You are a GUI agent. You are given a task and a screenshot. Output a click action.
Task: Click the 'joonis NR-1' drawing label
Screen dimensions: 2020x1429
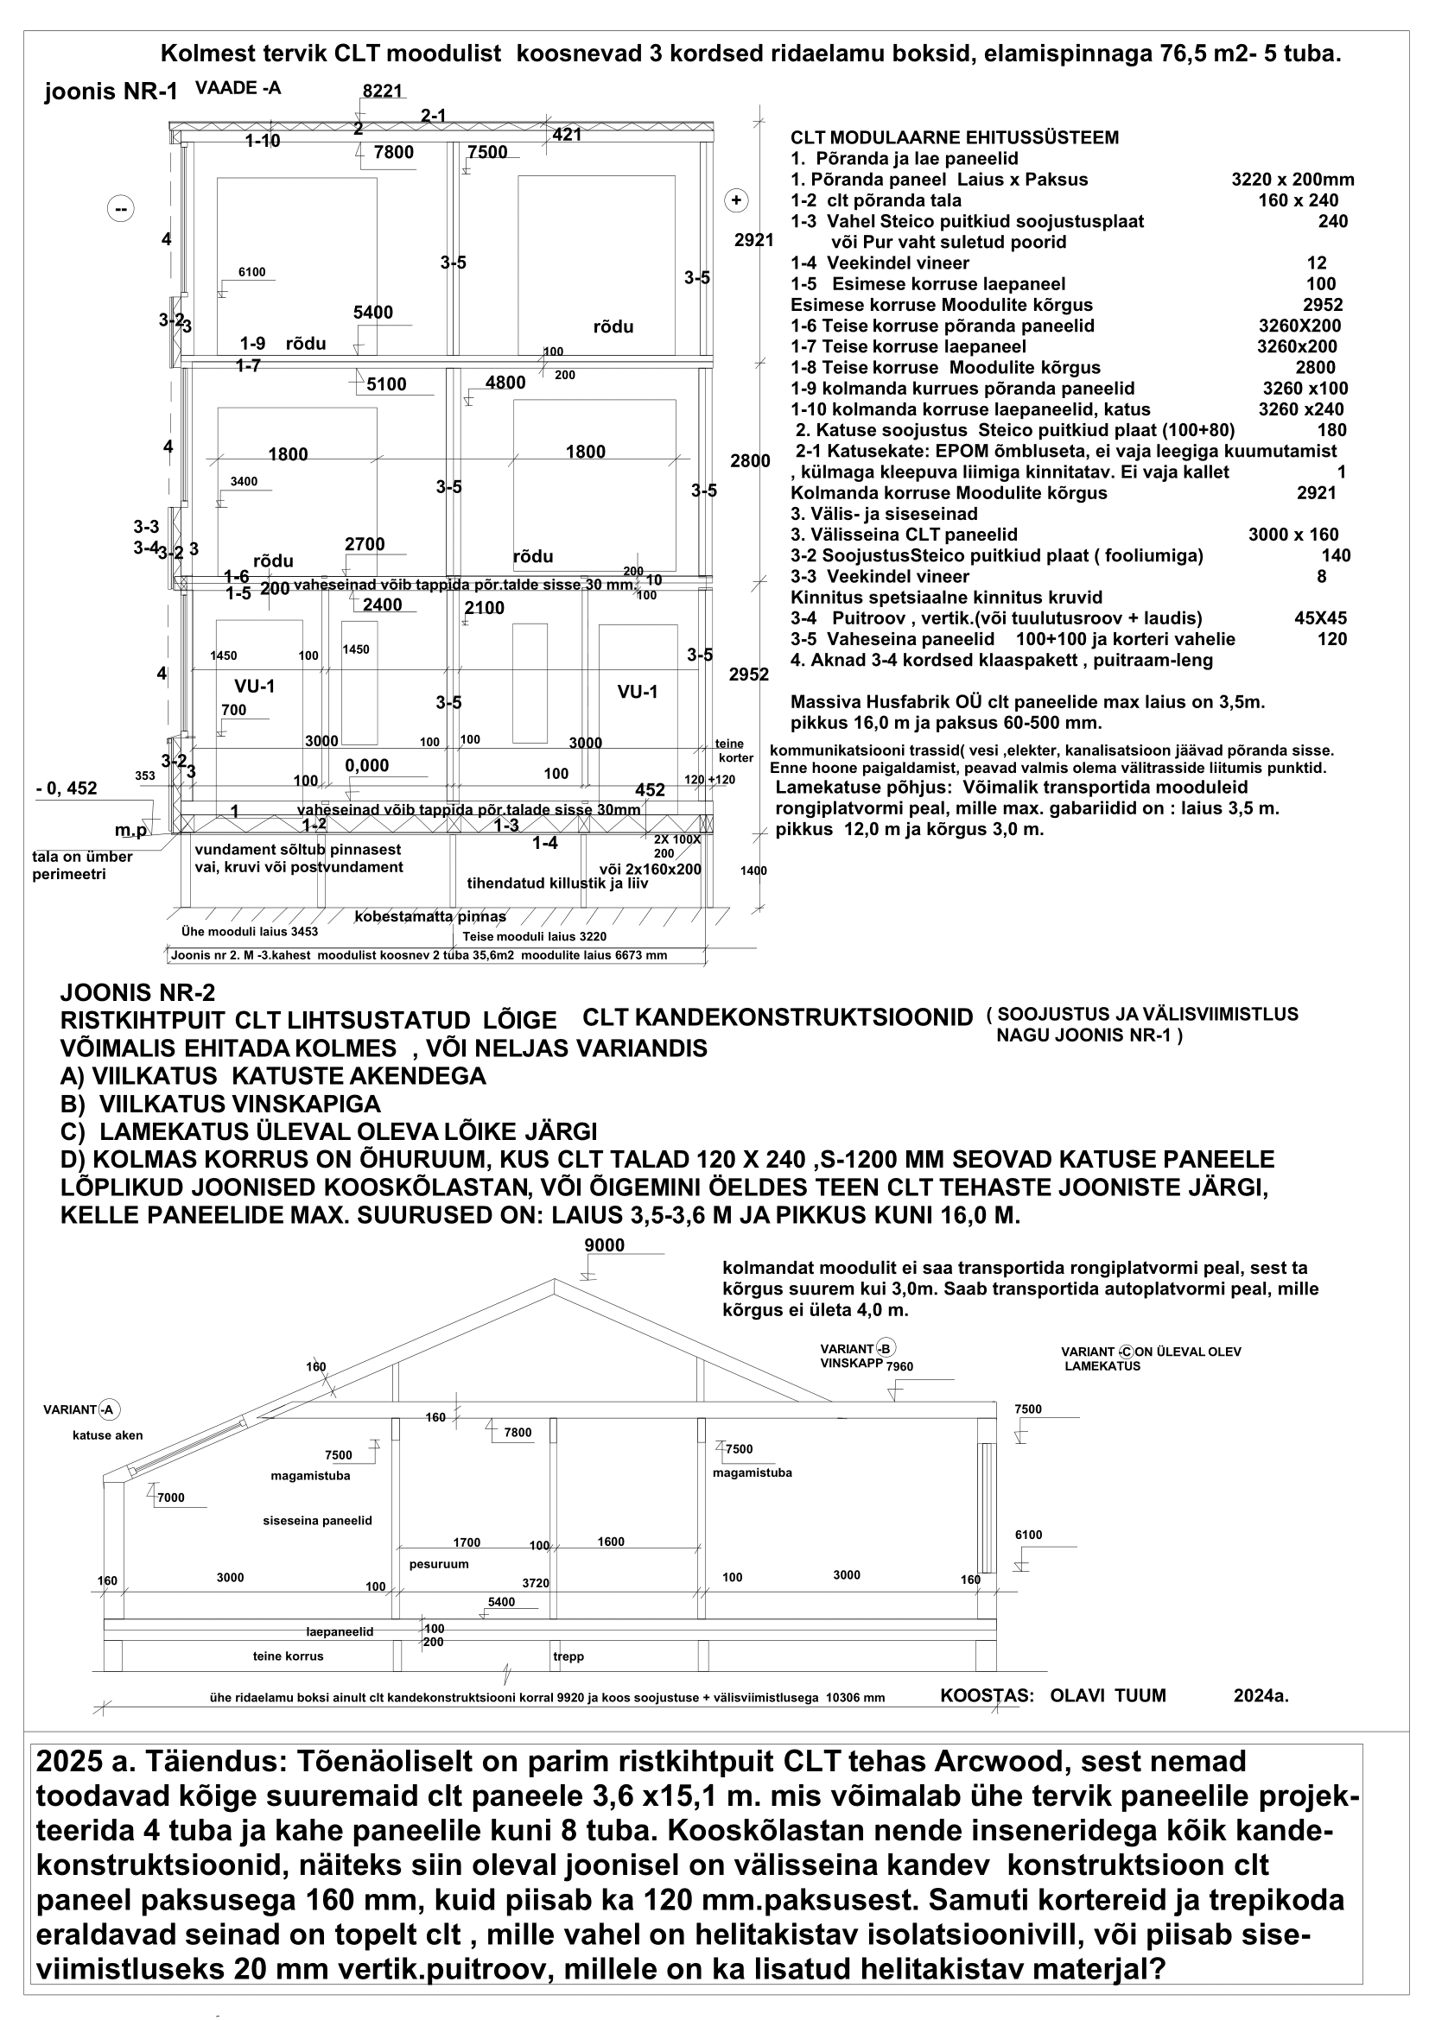111,92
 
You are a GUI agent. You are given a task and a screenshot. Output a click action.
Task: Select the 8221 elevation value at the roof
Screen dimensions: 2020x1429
382,92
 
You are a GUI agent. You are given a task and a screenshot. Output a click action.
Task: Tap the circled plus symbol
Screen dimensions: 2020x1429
735,200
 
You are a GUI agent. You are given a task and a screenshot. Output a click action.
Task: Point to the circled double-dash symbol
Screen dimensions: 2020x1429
121,208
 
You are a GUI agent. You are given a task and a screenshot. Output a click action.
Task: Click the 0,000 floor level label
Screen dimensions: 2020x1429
367,765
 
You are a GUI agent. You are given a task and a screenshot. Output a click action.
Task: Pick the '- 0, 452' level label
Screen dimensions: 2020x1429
67,788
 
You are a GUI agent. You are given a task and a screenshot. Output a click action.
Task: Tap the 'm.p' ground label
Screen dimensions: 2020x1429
131,831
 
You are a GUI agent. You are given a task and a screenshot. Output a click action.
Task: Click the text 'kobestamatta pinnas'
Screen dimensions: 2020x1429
430,917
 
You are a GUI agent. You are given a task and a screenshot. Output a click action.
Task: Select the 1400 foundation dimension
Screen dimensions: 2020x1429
753,871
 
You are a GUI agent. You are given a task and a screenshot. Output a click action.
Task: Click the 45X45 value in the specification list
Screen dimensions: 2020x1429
1320,618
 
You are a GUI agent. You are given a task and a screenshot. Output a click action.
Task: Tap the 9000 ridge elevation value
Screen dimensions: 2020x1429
605,1245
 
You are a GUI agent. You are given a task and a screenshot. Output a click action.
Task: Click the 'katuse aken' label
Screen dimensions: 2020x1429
107,1435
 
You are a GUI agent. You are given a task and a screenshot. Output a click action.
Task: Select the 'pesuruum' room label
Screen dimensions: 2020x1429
439,1564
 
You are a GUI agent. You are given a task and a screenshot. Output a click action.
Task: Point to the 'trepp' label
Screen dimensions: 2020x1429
568,1656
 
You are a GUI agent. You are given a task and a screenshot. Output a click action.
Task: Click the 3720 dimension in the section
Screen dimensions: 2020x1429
535,1583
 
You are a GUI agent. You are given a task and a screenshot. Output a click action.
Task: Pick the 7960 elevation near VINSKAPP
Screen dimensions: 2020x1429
899,1366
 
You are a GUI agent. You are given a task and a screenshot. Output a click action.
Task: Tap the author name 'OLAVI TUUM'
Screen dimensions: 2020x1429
1108,1695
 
